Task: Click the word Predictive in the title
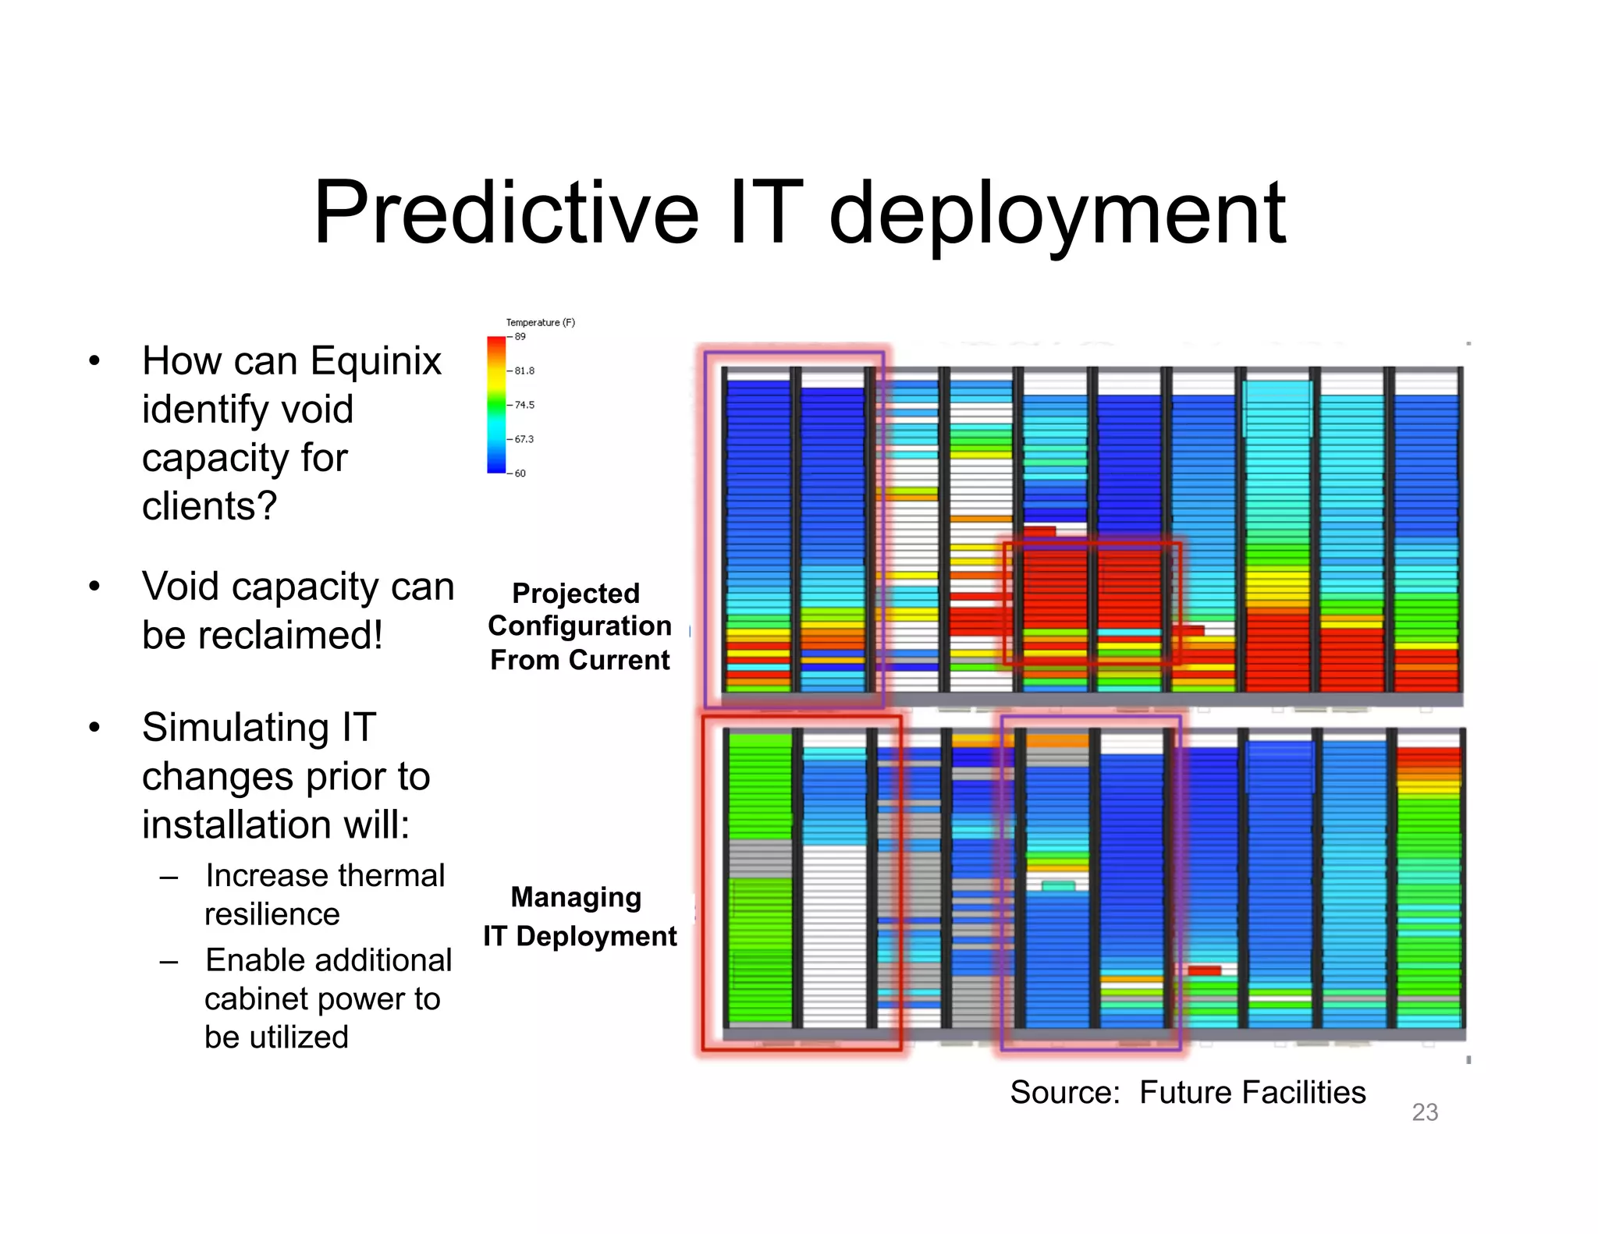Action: click(506, 213)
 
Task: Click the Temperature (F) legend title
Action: click(540, 322)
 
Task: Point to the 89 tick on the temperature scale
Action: click(520, 337)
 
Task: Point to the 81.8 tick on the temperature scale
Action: click(524, 371)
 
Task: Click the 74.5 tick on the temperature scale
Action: click(524, 405)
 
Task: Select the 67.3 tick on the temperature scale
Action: click(524, 439)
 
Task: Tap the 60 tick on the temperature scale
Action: click(520, 473)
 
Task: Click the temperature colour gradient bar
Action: click(496, 404)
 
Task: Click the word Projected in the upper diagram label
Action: click(576, 593)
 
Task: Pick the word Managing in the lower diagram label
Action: click(576, 897)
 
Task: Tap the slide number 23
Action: click(1425, 1112)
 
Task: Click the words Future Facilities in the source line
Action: click(1252, 1093)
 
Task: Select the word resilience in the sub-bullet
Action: click(272, 914)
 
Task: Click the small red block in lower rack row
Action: click(1204, 970)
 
